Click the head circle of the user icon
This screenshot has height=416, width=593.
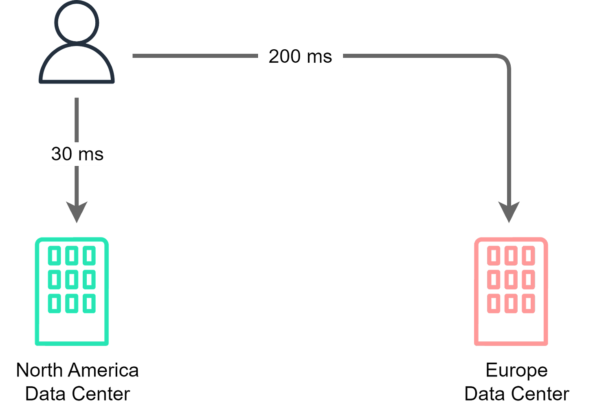coord(77,21)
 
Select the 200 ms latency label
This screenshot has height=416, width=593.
coord(300,56)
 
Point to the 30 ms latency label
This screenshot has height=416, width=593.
coord(77,154)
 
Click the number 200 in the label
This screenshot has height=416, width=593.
coord(285,56)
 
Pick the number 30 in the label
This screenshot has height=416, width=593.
coord(61,154)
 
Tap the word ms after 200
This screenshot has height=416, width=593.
coord(319,56)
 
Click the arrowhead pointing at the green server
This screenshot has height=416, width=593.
coord(77,211)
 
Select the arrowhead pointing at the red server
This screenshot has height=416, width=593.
coord(509,211)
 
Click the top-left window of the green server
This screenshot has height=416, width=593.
coord(54,256)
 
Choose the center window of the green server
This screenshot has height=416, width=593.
coord(71,280)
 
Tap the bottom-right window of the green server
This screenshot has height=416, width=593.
coord(89,303)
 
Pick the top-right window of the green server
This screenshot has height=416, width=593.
coord(89,256)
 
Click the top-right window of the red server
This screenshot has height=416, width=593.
coord(528,256)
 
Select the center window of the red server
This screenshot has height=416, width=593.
coord(511,280)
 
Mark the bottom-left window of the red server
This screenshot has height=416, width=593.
coord(494,303)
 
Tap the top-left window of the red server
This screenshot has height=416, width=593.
coord(494,256)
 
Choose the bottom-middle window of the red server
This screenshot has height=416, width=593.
coord(511,303)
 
